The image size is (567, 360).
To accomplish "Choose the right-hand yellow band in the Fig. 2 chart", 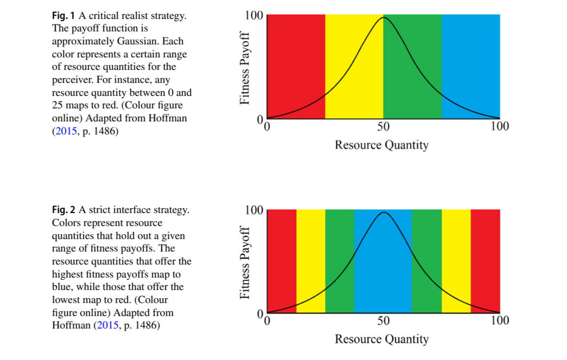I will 456,255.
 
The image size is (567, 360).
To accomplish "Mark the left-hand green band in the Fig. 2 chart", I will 340,255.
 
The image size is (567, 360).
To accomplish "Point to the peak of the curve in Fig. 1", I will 384,18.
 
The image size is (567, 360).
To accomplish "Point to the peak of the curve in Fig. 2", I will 384,213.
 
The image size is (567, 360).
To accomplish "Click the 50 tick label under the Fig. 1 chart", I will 384,127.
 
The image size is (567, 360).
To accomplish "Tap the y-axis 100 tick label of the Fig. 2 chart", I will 253,210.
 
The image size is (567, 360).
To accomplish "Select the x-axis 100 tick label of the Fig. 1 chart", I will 499,127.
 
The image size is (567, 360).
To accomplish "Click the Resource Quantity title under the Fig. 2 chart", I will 381,339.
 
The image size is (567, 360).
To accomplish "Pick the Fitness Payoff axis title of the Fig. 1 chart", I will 246,67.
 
